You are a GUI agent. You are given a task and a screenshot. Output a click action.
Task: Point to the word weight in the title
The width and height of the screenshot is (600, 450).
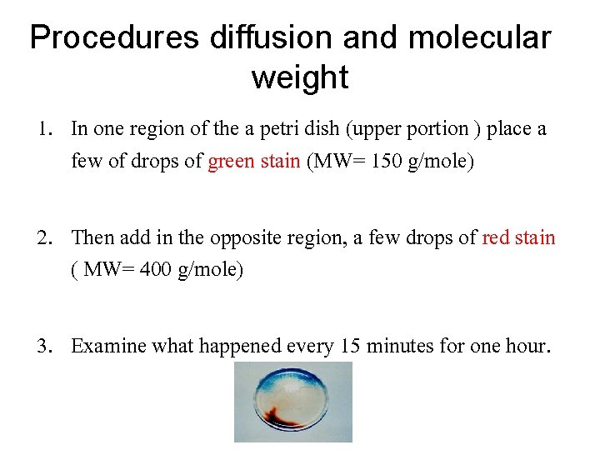[299, 78]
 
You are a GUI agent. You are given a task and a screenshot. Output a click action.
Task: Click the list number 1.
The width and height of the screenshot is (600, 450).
[43, 129]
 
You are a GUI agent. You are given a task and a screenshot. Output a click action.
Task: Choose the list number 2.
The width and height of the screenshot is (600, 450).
[44, 237]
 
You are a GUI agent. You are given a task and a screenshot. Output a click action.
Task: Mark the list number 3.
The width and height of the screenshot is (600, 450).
[43, 346]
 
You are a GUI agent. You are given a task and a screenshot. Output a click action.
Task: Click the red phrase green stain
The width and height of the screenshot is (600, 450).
[253, 161]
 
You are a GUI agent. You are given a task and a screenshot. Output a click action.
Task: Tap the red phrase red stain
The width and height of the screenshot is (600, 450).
[518, 237]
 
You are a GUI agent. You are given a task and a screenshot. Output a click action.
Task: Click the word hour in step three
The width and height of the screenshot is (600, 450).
[526, 346]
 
